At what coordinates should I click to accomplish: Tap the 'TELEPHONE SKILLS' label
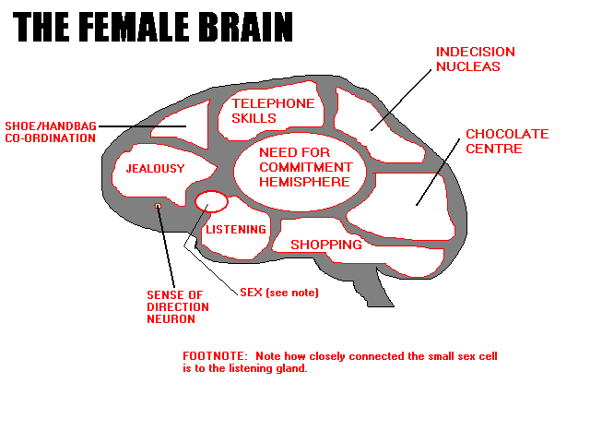tap(273, 111)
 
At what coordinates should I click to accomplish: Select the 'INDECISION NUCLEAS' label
tap(475, 59)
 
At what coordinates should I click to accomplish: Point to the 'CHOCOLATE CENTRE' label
tap(506, 141)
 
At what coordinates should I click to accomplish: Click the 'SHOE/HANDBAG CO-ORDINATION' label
tap(50, 131)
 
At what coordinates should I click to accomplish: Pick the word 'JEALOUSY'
tap(156, 169)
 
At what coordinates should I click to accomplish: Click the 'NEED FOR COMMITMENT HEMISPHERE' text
tap(305, 167)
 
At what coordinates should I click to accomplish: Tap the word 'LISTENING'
tap(236, 230)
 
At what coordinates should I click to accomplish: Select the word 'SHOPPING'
tap(325, 245)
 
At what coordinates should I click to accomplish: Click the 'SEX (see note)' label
tap(278, 293)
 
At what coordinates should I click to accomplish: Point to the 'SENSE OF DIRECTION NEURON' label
tap(178, 307)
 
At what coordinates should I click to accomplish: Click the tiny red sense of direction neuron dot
tap(159, 205)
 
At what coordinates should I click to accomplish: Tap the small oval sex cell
tap(211, 200)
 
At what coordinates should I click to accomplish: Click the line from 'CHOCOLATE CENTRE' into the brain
tap(439, 171)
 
